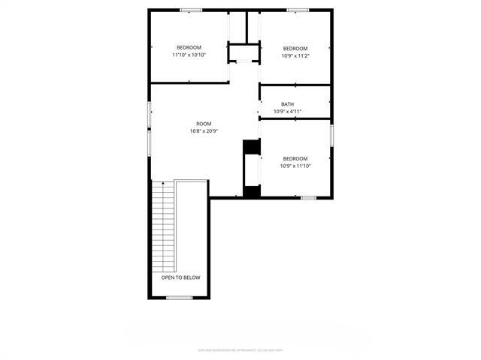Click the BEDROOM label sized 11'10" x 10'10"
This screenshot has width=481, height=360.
189,47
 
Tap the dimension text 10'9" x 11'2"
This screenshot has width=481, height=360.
295,55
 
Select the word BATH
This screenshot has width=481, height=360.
287,104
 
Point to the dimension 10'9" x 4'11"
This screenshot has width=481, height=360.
287,112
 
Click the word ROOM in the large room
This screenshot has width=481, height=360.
204,124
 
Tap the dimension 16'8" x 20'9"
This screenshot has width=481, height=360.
204,131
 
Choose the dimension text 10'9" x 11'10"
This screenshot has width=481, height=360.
295,166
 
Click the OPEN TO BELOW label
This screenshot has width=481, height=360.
180,277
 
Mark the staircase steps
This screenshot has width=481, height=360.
163,225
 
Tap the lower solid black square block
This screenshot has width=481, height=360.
251,191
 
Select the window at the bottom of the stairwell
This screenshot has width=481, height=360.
180,298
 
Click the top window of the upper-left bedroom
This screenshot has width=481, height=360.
191,10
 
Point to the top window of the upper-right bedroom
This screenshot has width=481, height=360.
298,10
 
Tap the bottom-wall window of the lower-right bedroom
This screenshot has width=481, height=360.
308,197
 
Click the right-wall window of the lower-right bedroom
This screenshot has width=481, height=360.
331,136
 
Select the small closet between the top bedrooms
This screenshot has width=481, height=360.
244,54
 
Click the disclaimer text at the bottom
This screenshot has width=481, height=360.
240,349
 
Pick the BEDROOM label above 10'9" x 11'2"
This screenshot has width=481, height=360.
295,48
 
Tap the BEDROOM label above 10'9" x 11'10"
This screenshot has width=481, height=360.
295,158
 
